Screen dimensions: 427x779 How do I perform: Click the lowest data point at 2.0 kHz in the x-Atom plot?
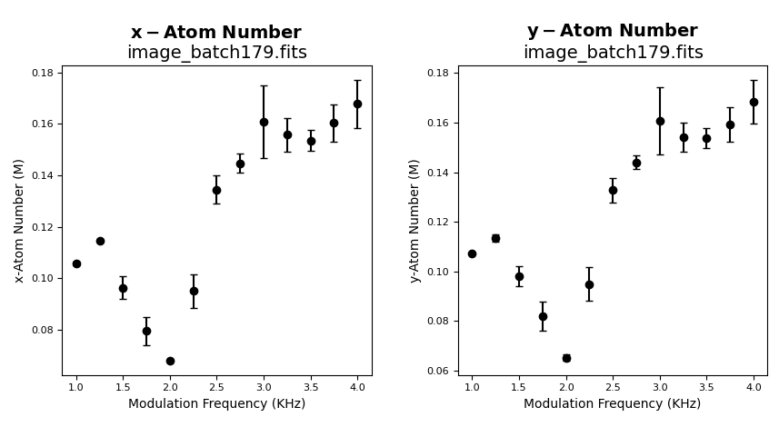click(x=170, y=361)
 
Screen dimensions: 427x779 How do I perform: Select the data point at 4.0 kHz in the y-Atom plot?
click(x=754, y=102)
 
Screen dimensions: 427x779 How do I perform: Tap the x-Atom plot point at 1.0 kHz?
click(x=76, y=263)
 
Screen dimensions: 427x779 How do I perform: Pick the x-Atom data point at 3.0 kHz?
click(x=264, y=122)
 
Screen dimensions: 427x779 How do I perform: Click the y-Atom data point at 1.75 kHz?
click(x=543, y=316)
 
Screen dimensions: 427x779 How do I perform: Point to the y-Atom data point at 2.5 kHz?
click(x=613, y=190)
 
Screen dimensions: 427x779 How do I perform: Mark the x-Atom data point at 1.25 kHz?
click(x=100, y=241)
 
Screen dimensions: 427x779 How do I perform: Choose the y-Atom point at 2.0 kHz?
click(x=566, y=358)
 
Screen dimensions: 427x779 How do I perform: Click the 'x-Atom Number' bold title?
click(x=216, y=33)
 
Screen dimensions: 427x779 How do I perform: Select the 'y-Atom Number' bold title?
click(x=613, y=31)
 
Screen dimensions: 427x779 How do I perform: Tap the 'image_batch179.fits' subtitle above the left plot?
click(x=216, y=53)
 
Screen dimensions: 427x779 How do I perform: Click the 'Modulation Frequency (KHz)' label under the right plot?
click(x=613, y=404)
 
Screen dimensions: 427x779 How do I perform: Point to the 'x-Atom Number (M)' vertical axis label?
click(x=19, y=221)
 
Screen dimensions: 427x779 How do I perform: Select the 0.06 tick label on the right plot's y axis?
click(x=437, y=371)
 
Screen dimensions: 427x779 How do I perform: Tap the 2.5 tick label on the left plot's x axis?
click(x=216, y=387)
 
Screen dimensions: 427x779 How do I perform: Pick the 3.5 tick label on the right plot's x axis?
click(x=706, y=387)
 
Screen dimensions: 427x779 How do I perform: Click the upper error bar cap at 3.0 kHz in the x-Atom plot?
click(x=264, y=86)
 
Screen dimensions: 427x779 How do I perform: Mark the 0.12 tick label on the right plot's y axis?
click(x=437, y=222)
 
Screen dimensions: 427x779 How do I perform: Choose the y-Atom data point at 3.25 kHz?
click(x=684, y=137)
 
